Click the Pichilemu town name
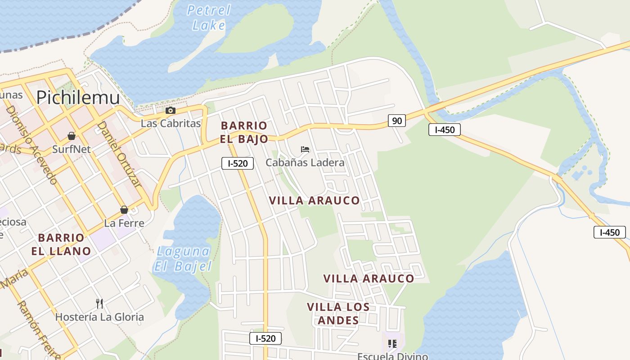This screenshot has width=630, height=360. [x=78, y=98]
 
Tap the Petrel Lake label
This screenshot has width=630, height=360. [x=209, y=18]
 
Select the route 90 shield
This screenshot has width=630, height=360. [x=396, y=121]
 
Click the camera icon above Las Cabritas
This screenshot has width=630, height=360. [x=170, y=111]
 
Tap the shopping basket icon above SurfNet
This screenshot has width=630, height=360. [x=71, y=136]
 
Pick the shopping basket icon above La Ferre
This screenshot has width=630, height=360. [x=124, y=210]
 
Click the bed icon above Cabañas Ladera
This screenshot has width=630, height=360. [x=305, y=149]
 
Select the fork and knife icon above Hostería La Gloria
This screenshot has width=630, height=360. [x=99, y=304]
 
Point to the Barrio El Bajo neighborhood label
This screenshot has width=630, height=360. [x=244, y=132]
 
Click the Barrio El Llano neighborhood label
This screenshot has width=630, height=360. [x=61, y=244]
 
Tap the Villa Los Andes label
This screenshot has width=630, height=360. [x=338, y=314]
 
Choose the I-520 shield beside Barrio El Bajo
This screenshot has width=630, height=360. [x=238, y=163]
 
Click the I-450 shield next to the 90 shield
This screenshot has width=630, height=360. [x=444, y=130]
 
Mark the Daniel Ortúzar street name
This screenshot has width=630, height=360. [x=119, y=154]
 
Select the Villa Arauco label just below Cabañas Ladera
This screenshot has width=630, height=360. [x=315, y=201]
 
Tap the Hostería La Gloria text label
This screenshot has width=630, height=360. [x=99, y=317]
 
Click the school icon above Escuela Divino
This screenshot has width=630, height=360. [x=392, y=344]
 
